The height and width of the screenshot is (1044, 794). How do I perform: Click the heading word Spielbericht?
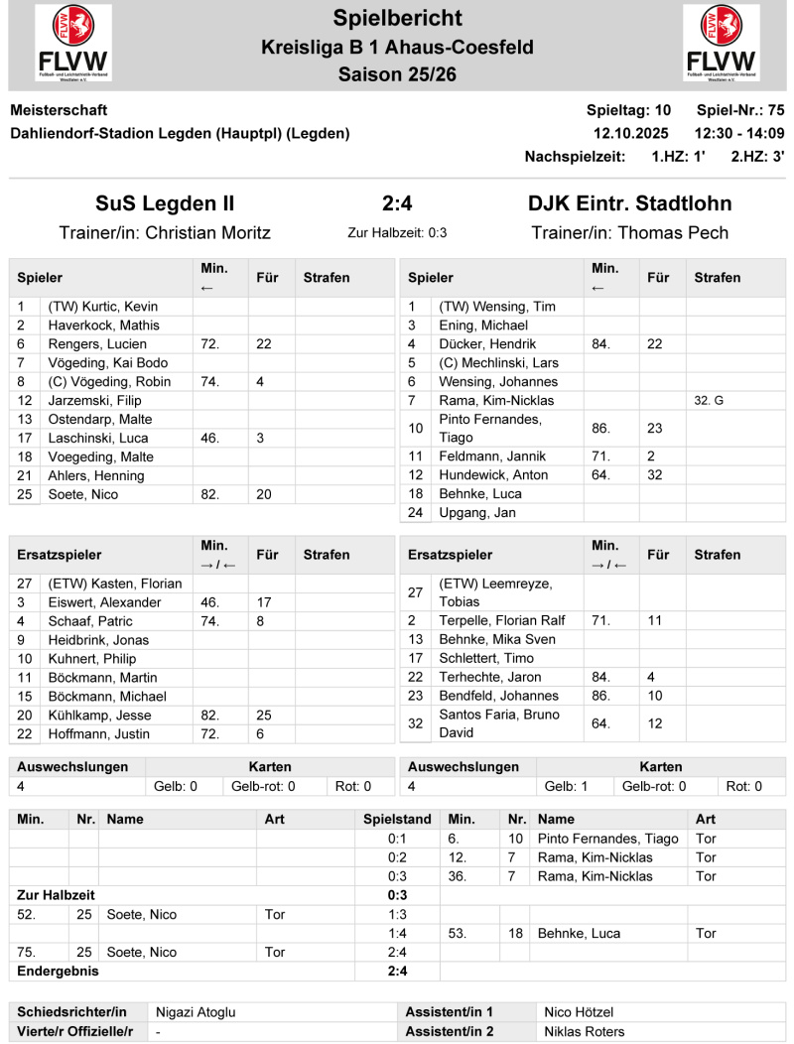[397, 18]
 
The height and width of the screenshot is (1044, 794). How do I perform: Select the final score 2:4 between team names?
[397, 204]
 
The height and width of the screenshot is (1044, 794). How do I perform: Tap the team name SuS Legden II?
[165, 204]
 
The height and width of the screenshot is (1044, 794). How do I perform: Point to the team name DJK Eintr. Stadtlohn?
[630, 204]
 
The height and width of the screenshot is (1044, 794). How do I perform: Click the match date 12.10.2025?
[631, 133]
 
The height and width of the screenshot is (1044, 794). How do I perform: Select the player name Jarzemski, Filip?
[94, 401]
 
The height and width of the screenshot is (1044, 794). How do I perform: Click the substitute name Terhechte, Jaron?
[490, 677]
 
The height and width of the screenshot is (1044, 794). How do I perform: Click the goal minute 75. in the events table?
[27, 952]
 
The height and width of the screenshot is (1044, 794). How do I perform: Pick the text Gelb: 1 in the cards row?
[566, 786]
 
